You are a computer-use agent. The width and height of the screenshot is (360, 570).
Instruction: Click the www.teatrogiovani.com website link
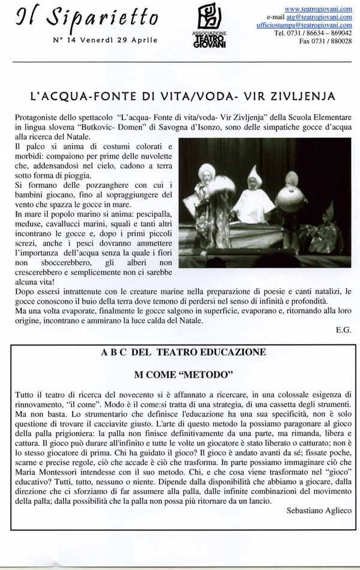pyautogui.click(x=317, y=9)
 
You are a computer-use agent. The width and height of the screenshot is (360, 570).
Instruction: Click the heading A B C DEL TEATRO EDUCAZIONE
pyautogui.click(x=184, y=353)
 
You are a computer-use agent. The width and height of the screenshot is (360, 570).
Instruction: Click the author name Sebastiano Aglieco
pyautogui.click(x=319, y=510)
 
